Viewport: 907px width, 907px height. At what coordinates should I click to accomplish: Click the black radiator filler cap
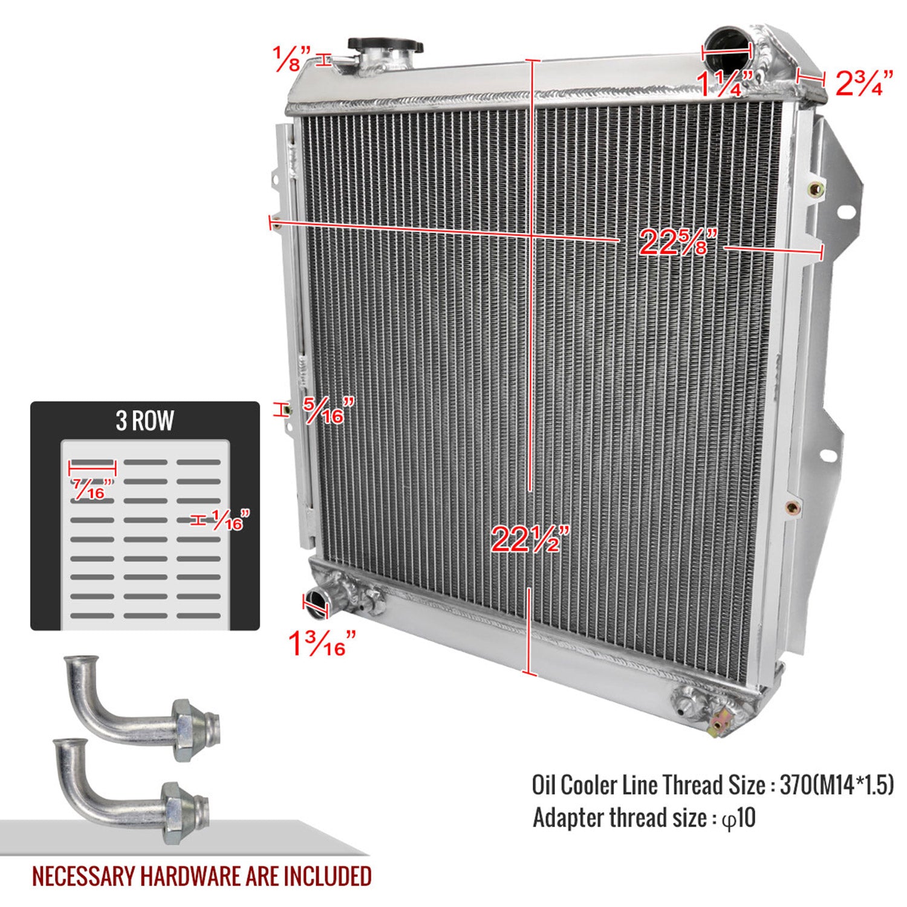[x=385, y=45]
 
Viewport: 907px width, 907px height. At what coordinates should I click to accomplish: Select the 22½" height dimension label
[x=530, y=539]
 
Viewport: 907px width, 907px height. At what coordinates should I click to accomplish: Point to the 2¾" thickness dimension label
[x=864, y=83]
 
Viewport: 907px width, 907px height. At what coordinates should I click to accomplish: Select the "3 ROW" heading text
[x=145, y=421]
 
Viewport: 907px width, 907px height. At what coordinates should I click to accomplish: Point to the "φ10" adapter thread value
[x=738, y=818]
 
